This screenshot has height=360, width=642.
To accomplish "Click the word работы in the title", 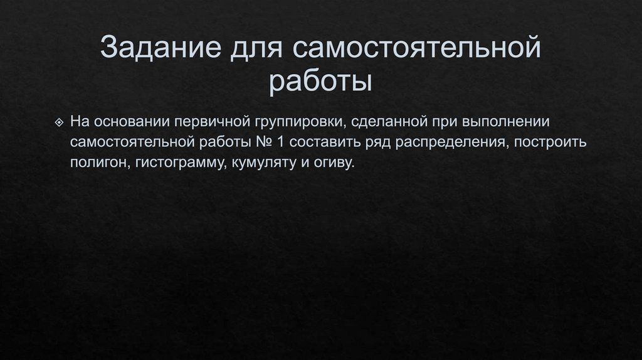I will [321, 83].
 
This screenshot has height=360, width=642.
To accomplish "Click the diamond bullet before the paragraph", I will [59, 120].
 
